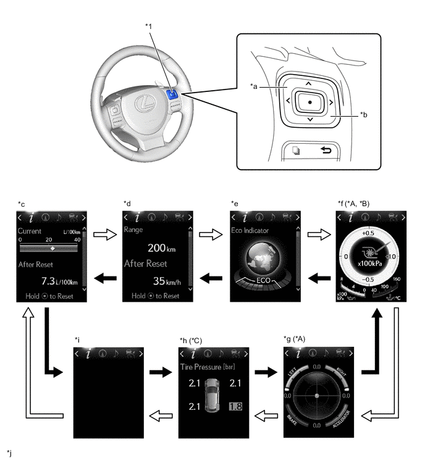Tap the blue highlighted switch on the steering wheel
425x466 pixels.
click(x=172, y=94)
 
